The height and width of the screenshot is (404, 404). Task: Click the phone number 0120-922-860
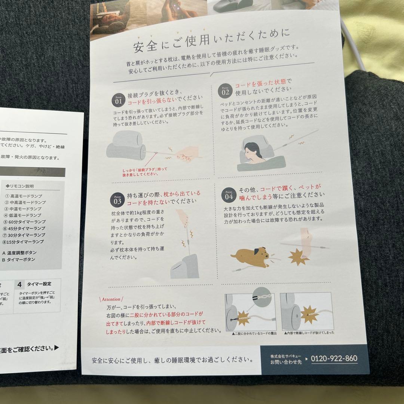pos(334,358)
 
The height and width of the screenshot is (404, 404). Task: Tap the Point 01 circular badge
pos(118,99)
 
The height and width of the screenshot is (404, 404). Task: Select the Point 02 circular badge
pos(226,90)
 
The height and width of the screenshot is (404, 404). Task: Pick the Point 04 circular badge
pos(229,195)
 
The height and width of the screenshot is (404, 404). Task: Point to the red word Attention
pos(111,299)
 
